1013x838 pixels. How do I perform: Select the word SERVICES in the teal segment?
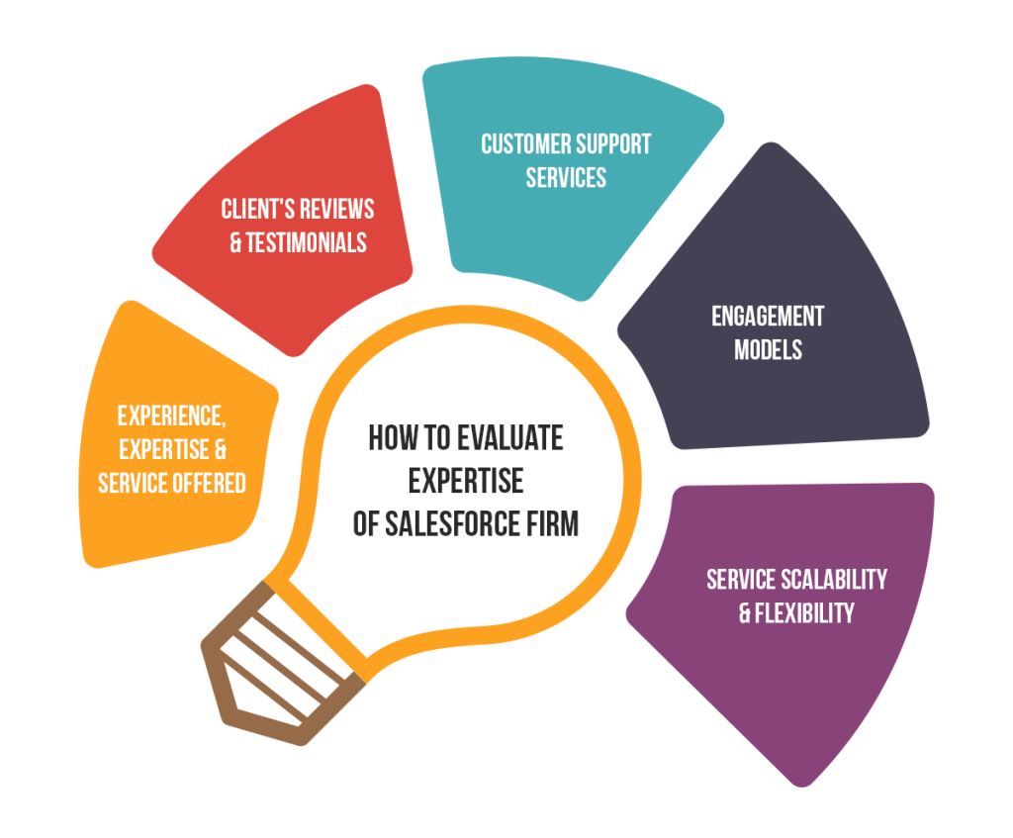[x=566, y=178]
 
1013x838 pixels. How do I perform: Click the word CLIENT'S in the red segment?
[x=257, y=210]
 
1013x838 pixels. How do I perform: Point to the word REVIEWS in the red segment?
[x=336, y=210]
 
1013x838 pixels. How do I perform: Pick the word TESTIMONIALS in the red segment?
[x=307, y=243]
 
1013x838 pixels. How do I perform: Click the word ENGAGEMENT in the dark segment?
[x=768, y=317]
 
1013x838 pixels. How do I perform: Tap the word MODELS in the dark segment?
[x=768, y=350]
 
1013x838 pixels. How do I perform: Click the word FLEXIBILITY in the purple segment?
[x=804, y=613]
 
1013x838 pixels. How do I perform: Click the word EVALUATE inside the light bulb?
[x=509, y=438]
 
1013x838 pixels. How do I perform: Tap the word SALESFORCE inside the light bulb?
[x=451, y=523]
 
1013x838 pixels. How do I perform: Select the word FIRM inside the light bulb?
[x=552, y=523]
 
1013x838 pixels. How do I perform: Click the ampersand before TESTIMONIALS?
[x=235, y=243]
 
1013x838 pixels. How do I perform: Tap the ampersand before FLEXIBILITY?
[x=745, y=613]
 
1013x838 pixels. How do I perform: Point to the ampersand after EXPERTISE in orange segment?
[x=221, y=450]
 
